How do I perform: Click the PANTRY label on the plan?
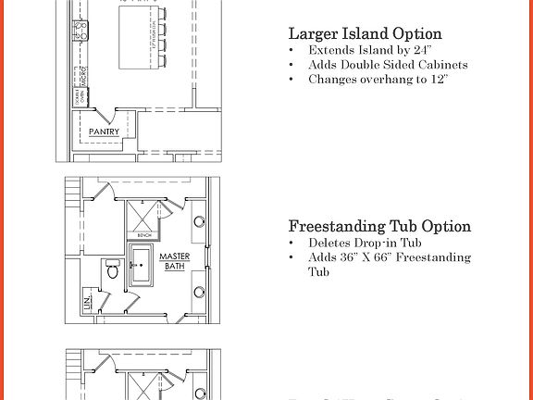[105, 132]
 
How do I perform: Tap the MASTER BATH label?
[174, 261]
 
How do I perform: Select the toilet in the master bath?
[112, 269]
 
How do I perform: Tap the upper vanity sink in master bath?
[200, 222]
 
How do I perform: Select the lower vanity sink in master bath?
[200, 292]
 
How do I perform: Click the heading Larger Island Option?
[365, 34]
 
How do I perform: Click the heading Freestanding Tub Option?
[379, 226]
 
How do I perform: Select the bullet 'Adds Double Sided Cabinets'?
[388, 65]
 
